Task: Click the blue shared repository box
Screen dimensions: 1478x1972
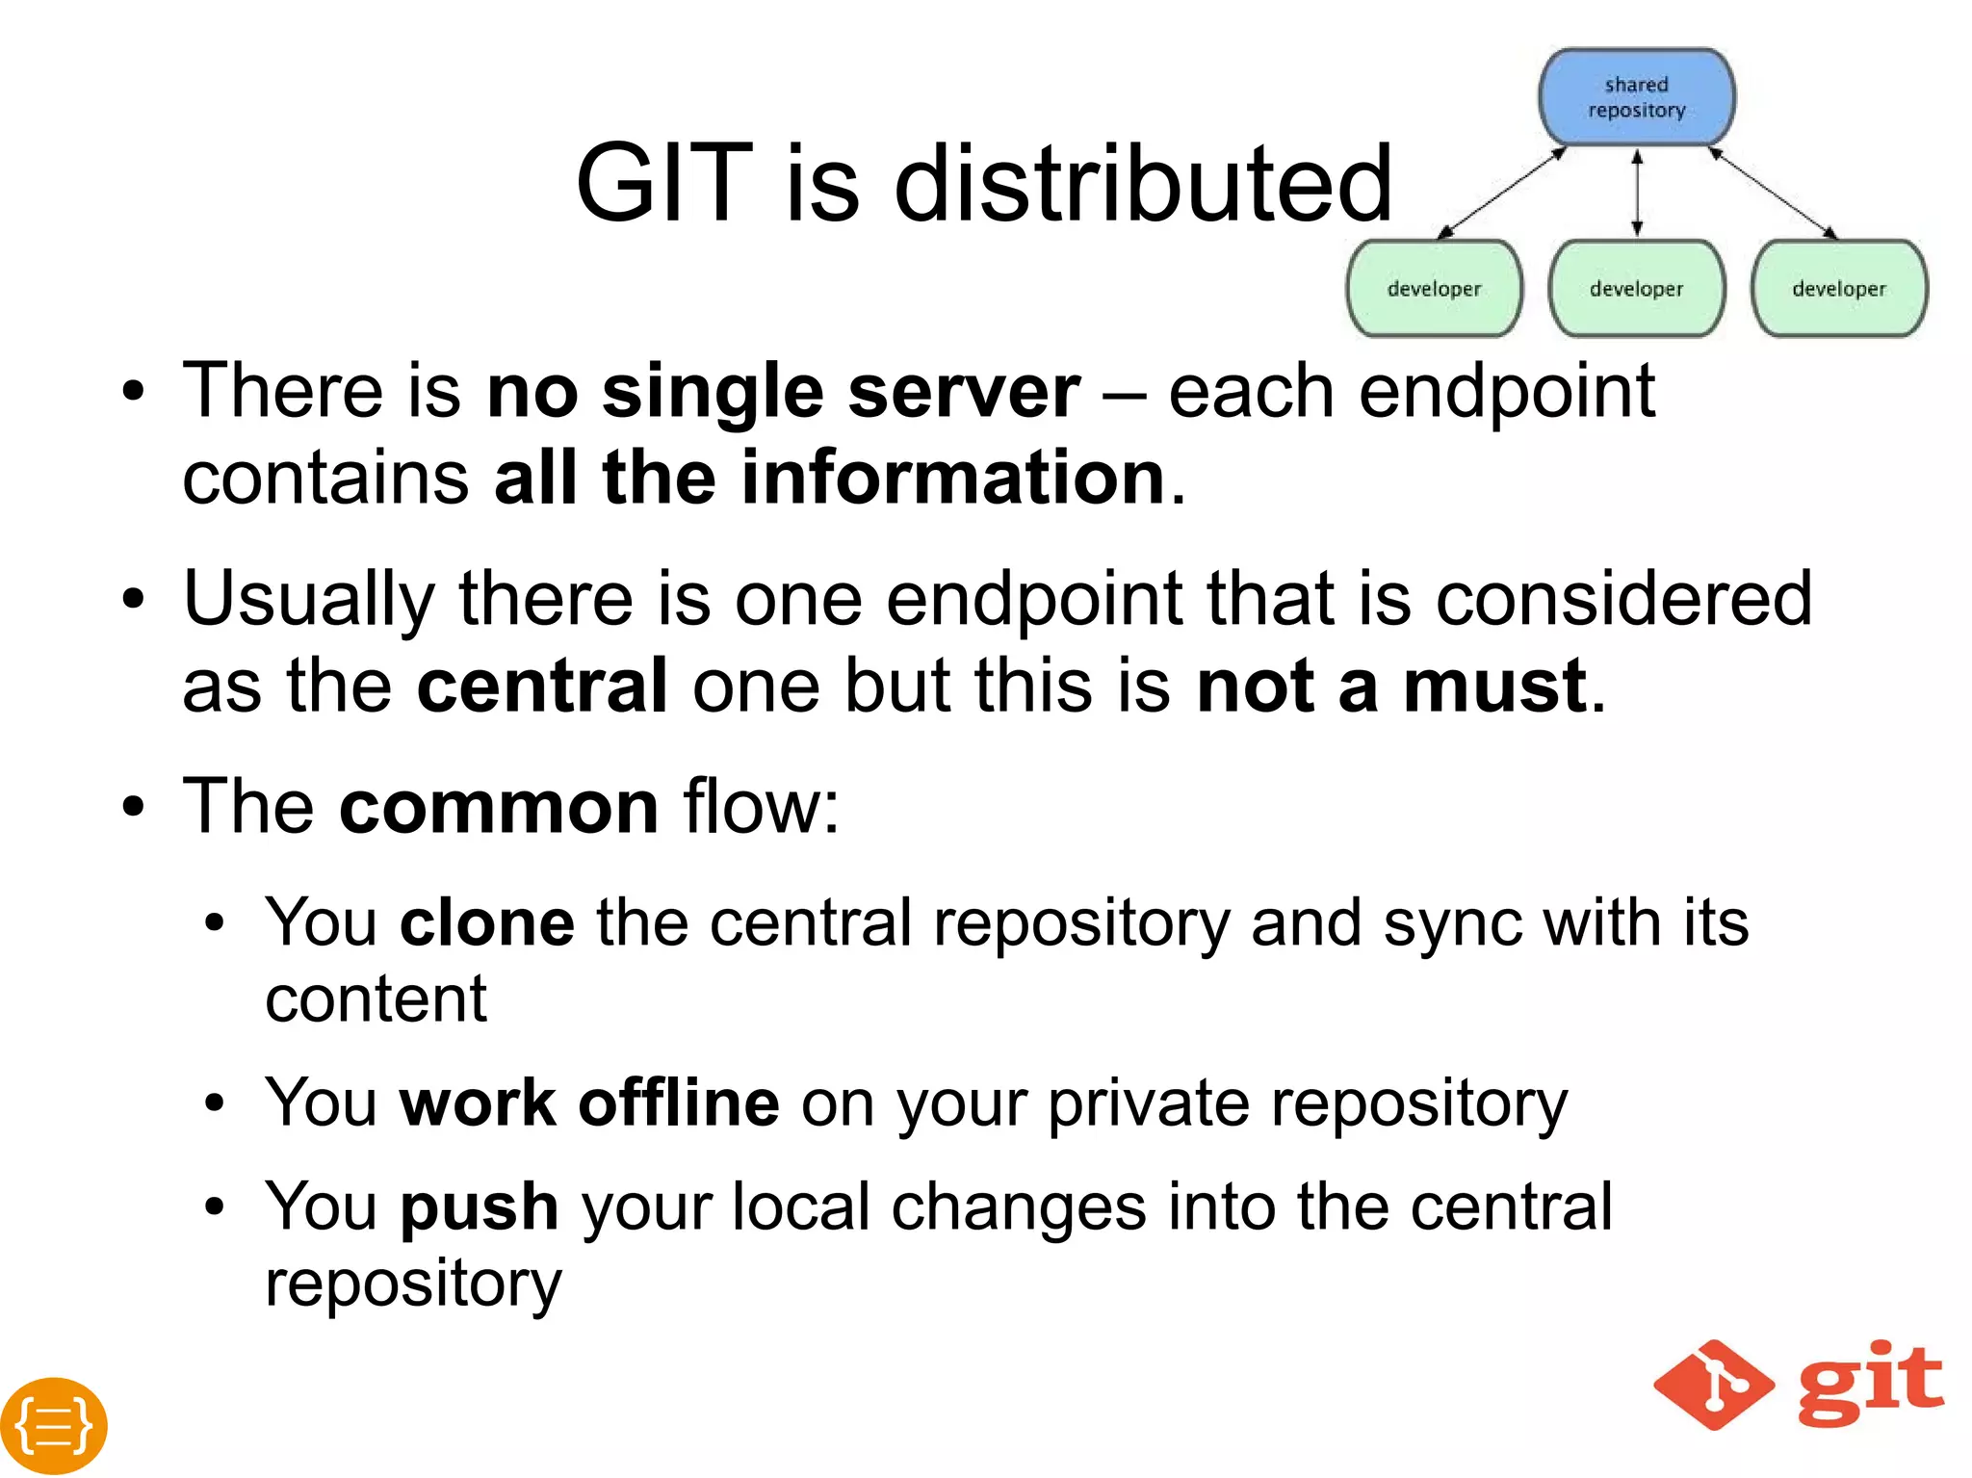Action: (x=1636, y=97)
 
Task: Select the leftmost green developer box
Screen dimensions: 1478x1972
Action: (x=1434, y=288)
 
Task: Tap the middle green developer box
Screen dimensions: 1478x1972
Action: (x=1636, y=288)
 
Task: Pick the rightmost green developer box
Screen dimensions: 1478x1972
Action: (x=1838, y=288)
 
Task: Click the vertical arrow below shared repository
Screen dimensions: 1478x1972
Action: (x=1636, y=193)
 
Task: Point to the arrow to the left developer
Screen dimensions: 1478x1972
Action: (x=1501, y=193)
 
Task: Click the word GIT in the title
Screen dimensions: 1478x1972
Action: (x=663, y=183)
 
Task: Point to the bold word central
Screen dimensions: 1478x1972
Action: (x=542, y=686)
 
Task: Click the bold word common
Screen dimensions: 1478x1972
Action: (x=499, y=806)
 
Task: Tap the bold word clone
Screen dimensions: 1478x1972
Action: (x=487, y=922)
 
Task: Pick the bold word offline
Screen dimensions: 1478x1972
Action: (x=679, y=1102)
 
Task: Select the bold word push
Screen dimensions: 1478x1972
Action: (x=480, y=1206)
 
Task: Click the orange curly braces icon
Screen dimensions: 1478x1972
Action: (x=54, y=1425)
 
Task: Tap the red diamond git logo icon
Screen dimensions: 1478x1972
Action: (x=1714, y=1385)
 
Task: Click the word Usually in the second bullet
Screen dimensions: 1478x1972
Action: (x=309, y=599)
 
